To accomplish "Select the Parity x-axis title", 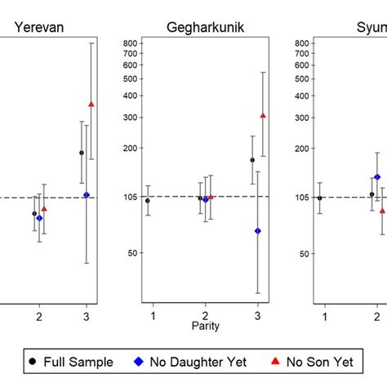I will click(x=205, y=326).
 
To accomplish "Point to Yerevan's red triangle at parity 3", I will click(x=91, y=105).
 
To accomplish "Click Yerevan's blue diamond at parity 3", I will click(x=87, y=195).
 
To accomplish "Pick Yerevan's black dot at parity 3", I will click(x=82, y=153).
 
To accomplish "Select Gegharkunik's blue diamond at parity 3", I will click(x=257, y=231).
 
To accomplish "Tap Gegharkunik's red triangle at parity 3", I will click(x=262, y=116).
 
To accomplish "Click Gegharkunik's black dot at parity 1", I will click(x=148, y=200).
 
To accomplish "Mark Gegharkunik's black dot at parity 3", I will click(x=252, y=160).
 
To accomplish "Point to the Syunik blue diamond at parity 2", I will click(x=377, y=177).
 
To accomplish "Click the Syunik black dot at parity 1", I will click(x=320, y=198).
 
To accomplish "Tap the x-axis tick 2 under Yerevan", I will click(x=38, y=315).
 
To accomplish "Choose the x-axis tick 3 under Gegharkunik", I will click(x=257, y=315).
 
